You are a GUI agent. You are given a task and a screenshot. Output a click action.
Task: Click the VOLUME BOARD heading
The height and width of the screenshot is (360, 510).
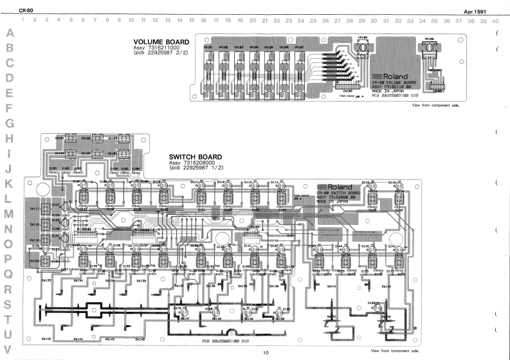tap(161, 42)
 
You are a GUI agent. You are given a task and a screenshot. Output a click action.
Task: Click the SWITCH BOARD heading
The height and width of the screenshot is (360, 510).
tap(196, 157)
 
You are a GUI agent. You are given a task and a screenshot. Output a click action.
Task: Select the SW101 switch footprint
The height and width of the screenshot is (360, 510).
tap(60, 139)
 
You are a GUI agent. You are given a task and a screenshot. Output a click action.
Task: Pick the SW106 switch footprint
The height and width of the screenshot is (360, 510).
tap(112, 155)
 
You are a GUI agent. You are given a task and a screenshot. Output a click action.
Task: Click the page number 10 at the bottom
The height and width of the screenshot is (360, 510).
tap(266, 353)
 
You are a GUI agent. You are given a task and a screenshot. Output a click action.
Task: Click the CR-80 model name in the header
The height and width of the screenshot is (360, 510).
tap(26, 11)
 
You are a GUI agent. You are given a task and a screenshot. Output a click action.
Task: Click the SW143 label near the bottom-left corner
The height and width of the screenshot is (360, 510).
tap(46, 338)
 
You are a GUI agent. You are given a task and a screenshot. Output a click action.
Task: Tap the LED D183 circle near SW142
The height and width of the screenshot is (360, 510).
tap(376, 308)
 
